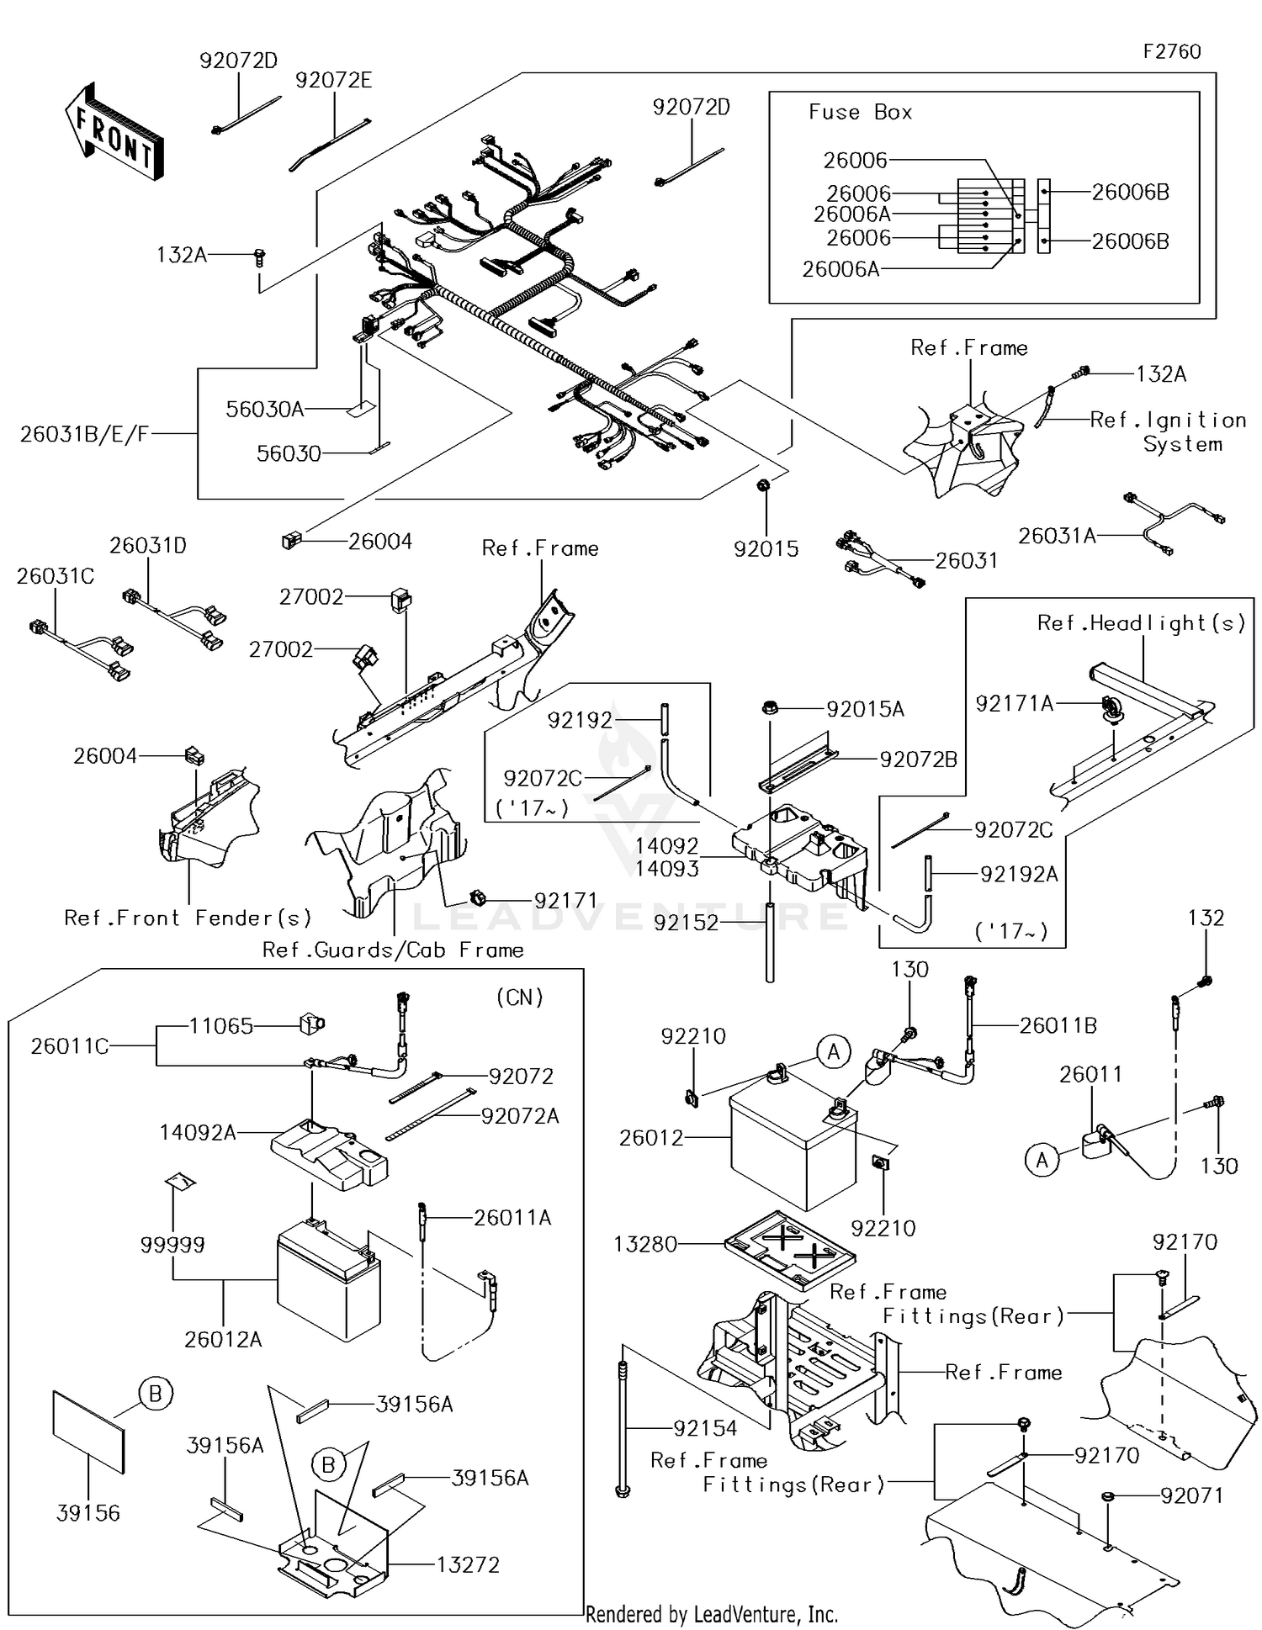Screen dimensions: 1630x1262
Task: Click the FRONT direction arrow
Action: [114, 131]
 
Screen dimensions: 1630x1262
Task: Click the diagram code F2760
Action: [1171, 51]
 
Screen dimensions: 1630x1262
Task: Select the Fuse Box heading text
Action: [860, 112]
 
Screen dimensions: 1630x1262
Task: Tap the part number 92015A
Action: [865, 709]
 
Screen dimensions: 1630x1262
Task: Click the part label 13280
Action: [645, 1244]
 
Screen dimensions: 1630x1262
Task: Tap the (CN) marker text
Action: [520, 997]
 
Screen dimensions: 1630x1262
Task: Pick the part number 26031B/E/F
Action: [84, 434]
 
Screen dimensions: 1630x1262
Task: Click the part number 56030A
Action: [264, 409]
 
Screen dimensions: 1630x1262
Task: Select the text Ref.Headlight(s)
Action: [1141, 622]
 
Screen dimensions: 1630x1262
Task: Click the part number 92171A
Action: [1014, 703]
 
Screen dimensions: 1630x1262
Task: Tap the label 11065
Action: [220, 1025]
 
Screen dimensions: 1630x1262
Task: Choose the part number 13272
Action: [468, 1564]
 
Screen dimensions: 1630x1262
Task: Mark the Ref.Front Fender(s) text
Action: [188, 918]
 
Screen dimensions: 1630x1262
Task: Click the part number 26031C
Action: [56, 576]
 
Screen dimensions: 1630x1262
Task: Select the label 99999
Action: [172, 1244]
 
